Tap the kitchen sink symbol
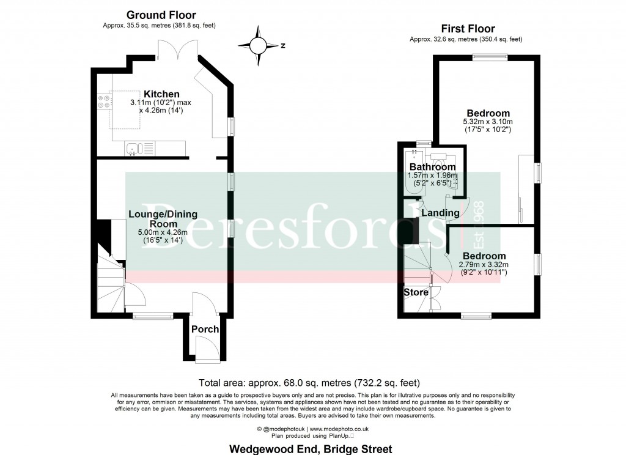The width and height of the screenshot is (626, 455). coord(133,148)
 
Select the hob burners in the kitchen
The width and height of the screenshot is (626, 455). coord(103,103)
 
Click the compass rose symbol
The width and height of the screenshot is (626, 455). coord(259,46)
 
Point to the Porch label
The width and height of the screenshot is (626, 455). coord(205,329)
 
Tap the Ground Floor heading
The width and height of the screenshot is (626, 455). coord(161,15)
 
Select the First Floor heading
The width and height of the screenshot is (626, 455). coord(468,29)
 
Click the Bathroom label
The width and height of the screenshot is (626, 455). coord(432,167)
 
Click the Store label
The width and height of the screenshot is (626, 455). coord(416,292)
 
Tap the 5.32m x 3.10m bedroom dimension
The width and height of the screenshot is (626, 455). coord(488,122)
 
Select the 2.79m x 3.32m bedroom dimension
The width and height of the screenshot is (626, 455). coord(484,264)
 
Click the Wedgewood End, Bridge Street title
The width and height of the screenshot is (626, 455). coord(311,449)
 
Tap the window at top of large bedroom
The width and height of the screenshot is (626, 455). coord(490,57)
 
